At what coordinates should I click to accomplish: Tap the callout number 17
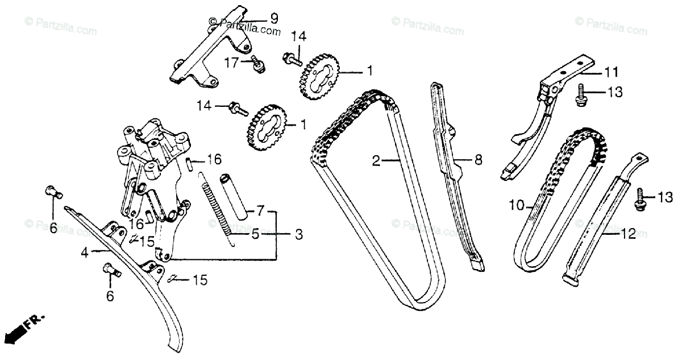coord(232,63)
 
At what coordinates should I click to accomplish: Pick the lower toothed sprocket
coord(266,129)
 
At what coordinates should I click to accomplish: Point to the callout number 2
coord(376,161)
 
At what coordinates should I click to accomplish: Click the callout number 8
coord(478,160)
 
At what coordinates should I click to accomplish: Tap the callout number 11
coord(610,72)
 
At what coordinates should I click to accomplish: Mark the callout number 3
coord(298,234)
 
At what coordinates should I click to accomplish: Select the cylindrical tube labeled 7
coord(236,198)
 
